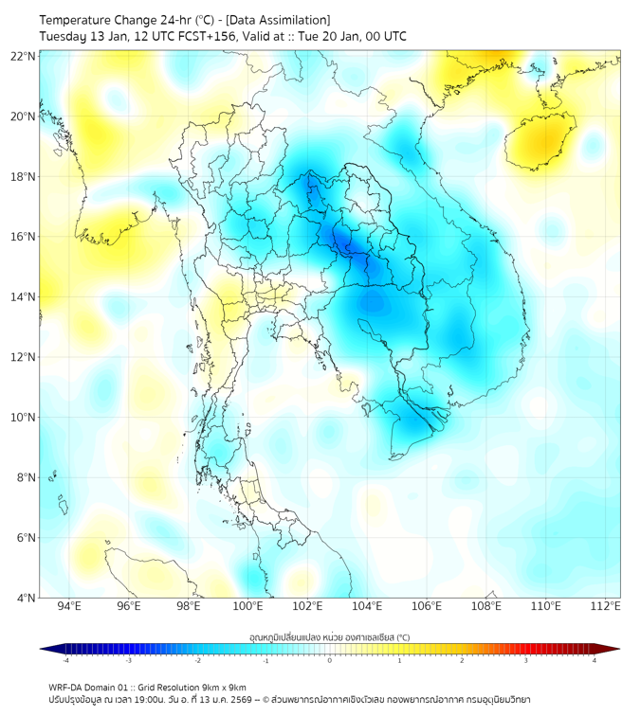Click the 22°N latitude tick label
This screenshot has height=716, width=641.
coord(24,57)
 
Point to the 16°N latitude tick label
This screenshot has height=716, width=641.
coord(24,237)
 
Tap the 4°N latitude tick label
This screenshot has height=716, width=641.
coord(26,598)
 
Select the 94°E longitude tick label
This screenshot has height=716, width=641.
coord(69,606)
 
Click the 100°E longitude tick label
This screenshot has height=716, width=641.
coord(248,606)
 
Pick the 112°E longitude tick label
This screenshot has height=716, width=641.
coord(607,606)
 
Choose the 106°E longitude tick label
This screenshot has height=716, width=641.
coord(428,606)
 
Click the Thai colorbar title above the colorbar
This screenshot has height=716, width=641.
coord(329,637)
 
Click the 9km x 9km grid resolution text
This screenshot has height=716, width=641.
coord(221,687)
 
